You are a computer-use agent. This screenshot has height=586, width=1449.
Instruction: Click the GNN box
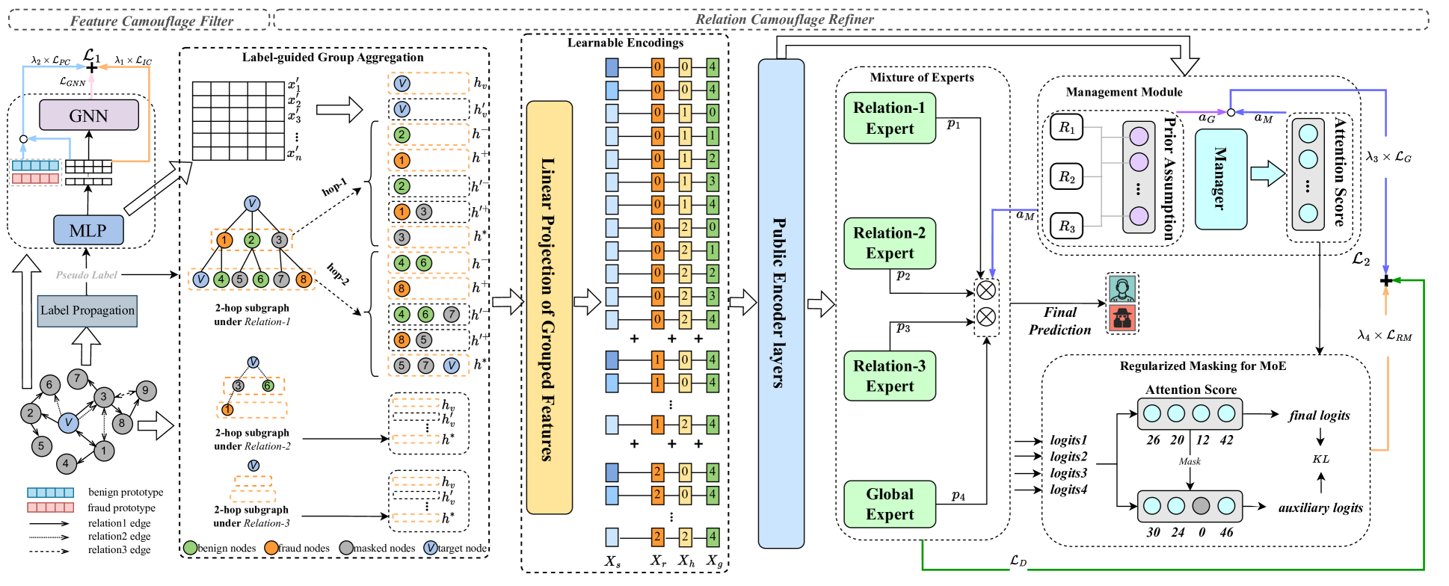pyautogui.click(x=88, y=116)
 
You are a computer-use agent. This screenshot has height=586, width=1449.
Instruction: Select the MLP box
pyautogui.click(x=88, y=230)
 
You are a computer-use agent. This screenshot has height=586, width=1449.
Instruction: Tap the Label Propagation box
pyautogui.click(x=87, y=311)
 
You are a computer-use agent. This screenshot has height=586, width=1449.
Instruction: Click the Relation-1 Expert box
pyautogui.click(x=890, y=118)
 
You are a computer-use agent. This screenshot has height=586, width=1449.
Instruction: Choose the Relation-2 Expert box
pyautogui.click(x=890, y=243)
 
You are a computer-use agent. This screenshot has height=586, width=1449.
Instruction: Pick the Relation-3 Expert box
pyautogui.click(x=890, y=376)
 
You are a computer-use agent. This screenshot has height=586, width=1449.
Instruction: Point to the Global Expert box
pyautogui.click(x=890, y=505)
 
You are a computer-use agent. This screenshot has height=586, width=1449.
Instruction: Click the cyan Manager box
pyautogui.click(x=1220, y=179)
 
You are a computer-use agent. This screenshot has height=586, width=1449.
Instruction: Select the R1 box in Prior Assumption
pyautogui.click(x=1066, y=127)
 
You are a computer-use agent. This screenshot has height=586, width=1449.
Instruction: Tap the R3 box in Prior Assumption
pyautogui.click(x=1066, y=226)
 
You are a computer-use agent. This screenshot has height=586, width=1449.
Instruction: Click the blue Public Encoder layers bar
pyautogui.click(x=781, y=303)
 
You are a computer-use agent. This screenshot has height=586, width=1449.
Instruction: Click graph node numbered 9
pyautogui.click(x=145, y=390)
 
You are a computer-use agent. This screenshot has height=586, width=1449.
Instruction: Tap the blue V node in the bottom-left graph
pyautogui.click(x=68, y=422)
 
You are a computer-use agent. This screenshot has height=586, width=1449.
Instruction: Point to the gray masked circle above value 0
pyautogui.click(x=1201, y=506)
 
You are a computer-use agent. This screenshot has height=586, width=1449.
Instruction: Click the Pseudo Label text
pyautogui.click(x=87, y=275)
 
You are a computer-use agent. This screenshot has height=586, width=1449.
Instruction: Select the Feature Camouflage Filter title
pyautogui.click(x=152, y=21)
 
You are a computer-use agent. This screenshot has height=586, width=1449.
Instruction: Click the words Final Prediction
pyautogui.click(x=1059, y=321)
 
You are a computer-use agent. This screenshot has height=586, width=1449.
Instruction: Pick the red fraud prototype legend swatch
pyautogui.click(x=50, y=508)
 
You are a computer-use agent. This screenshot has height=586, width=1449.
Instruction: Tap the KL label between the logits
pyautogui.click(x=1320, y=459)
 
